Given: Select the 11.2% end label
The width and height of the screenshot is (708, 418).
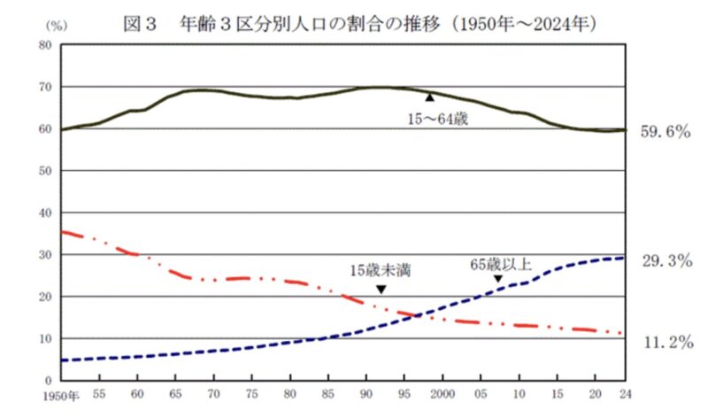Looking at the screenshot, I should click(x=665, y=342).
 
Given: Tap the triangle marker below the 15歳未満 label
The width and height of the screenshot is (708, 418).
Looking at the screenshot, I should click(x=381, y=289).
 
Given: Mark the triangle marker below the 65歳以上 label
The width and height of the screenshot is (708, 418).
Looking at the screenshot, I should click(x=498, y=280).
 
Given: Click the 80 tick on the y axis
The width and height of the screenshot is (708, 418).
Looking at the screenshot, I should click(x=43, y=44).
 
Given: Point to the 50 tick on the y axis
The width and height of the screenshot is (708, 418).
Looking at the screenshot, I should click(x=43, y=170).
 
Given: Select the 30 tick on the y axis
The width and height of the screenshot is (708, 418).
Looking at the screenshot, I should click(x=43, y=254).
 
